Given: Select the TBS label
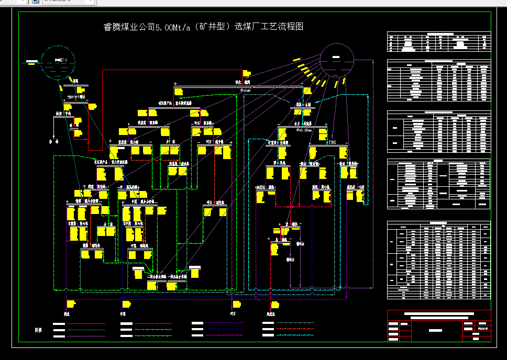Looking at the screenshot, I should (332, 142).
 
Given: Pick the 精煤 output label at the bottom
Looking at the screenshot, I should (67, 314).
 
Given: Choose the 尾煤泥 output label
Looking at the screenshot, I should (271, 314).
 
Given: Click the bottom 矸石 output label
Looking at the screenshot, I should (232, 314).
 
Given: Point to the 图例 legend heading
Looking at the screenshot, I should (38, 330).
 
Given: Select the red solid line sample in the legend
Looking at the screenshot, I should (86, 324).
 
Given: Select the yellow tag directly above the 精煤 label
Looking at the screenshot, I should (71, 303).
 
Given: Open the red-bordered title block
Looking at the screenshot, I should (439, 325).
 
